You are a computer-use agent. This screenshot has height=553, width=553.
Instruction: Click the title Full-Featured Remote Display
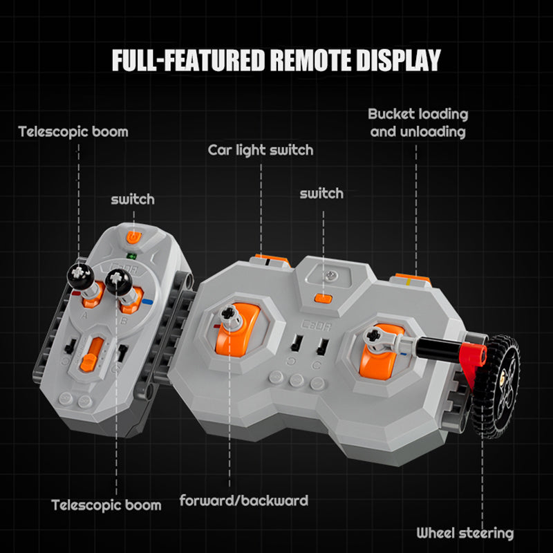tap(276, 60)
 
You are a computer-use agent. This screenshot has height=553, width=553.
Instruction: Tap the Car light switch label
tap(261, 150)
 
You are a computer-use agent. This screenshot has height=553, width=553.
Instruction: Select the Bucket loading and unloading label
tap(418, 123)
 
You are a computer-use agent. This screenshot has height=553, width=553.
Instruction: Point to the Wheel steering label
tap(465, 533)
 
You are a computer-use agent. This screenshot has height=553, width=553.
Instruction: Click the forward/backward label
tap(244, 500)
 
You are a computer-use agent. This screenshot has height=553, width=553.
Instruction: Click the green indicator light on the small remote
tap(132, 256)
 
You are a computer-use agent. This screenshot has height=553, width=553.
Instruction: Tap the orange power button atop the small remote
tap(133, 237)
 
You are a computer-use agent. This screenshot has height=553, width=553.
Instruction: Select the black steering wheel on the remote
tap(496, 386)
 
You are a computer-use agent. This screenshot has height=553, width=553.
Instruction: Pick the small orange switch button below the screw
tap(323, 299)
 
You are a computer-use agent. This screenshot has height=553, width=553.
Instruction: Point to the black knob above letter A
tap(81, 276)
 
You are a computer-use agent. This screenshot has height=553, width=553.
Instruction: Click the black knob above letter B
tap(118, 281)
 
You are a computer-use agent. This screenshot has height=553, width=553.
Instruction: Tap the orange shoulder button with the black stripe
tap(272, 261)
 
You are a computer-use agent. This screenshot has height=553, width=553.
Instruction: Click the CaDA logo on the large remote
tap(316, 325)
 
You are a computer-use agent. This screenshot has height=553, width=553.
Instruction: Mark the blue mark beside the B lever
tap(147, 302)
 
